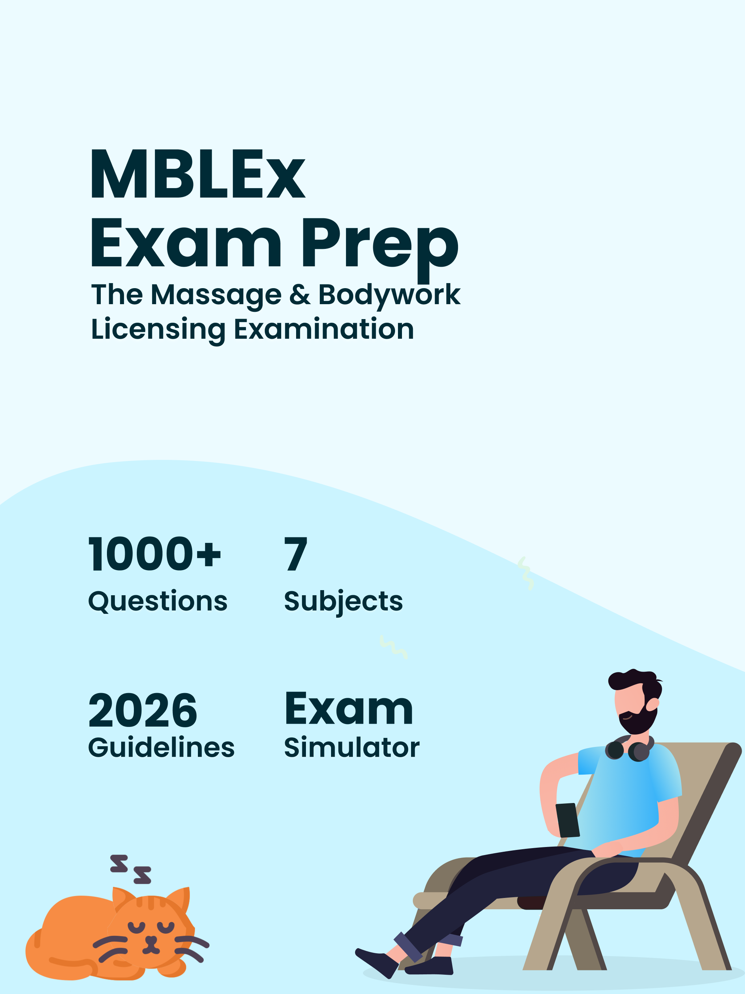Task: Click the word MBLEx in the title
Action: (x=198, y=174)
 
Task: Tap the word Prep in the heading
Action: (x=380, y=248)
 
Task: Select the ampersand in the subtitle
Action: (x=300, y=295)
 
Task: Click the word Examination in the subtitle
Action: (x=323, y=329)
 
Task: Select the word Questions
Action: (x=158, y=602)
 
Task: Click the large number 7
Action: (x=296, y=554)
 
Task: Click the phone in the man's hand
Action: (x=567, y=820)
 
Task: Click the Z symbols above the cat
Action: (x=131, y=869)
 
